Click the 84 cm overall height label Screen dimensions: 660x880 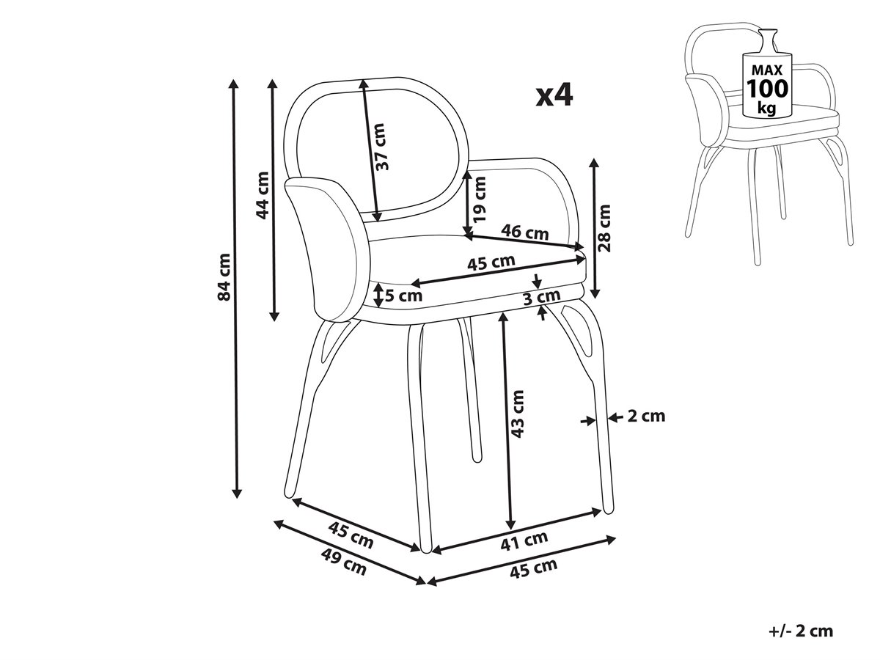point(225,276)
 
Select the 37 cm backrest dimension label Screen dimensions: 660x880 point(382,146)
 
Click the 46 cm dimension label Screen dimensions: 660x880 point(524,233)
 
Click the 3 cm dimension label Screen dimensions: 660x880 point(542,297)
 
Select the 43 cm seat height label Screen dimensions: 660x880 point(518,414)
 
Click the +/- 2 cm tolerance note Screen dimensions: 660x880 point(802,631)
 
